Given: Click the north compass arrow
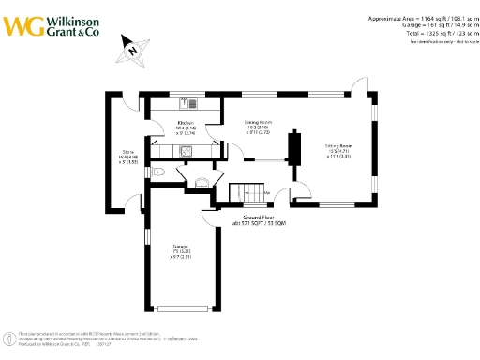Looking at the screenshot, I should (x=133, y=50).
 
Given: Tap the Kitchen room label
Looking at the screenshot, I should (x=186, y=124).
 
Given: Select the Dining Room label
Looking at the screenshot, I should (x=258, y=123).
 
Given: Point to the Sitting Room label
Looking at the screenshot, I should (x=338, y=147).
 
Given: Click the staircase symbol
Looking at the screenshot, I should (x=247, y=191).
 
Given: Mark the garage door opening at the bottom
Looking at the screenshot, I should (x=187, y=308).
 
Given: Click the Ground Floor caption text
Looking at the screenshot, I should (x=258, y=217).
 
